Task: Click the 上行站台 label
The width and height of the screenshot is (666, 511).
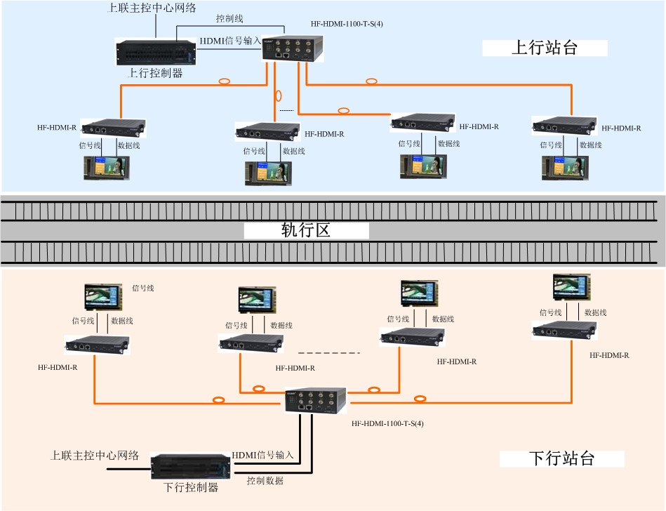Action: pyautogui.click(x=545, y=48)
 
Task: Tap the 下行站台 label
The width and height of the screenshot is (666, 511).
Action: pyautogui.click(x=561, y=459)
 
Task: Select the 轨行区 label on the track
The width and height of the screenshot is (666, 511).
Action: pyautogui.click(x=306, y=230)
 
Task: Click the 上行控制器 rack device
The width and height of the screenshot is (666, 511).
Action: pyautogui.click(x=154, y=53)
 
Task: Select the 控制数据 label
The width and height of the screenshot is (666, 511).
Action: pyautogui.click(x=265, y=481)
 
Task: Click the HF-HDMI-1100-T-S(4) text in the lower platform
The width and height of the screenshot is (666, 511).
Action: pyautogui.click(x=387, y=423)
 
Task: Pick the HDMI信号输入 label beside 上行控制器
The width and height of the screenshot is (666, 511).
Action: pyautogui.click(x=230, y=41)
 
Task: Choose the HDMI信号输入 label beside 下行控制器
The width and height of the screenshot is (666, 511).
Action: pyautogui.click(x=262, y=455)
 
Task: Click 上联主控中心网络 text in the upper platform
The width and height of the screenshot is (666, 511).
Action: pyautogui.click(x=152, y=8)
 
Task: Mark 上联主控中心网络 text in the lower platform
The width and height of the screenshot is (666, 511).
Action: pyautogui.click(x=95, y=455)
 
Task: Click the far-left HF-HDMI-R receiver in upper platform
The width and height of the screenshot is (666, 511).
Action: pyautogui.click(x=114, y=127)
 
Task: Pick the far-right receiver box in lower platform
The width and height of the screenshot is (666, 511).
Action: pyautogui.click(x=564, y=329)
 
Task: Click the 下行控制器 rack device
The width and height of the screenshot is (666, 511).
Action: pyautogui.click(x=191, y=465)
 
